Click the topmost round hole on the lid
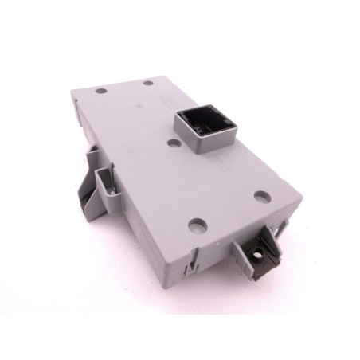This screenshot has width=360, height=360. pyautogui.click(x=149, y=83)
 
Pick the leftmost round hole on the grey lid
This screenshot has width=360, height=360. pyautogui.click(x=100, y=90)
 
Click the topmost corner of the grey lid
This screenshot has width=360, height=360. pyautogui.click(x=168, y=76)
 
